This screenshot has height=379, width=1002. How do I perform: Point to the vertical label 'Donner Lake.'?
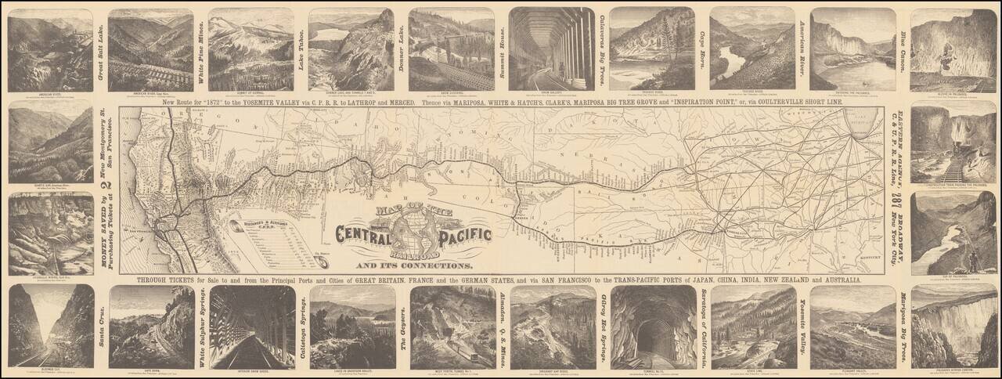(402, 47)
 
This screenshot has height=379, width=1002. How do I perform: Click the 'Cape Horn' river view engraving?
(752, 47)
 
